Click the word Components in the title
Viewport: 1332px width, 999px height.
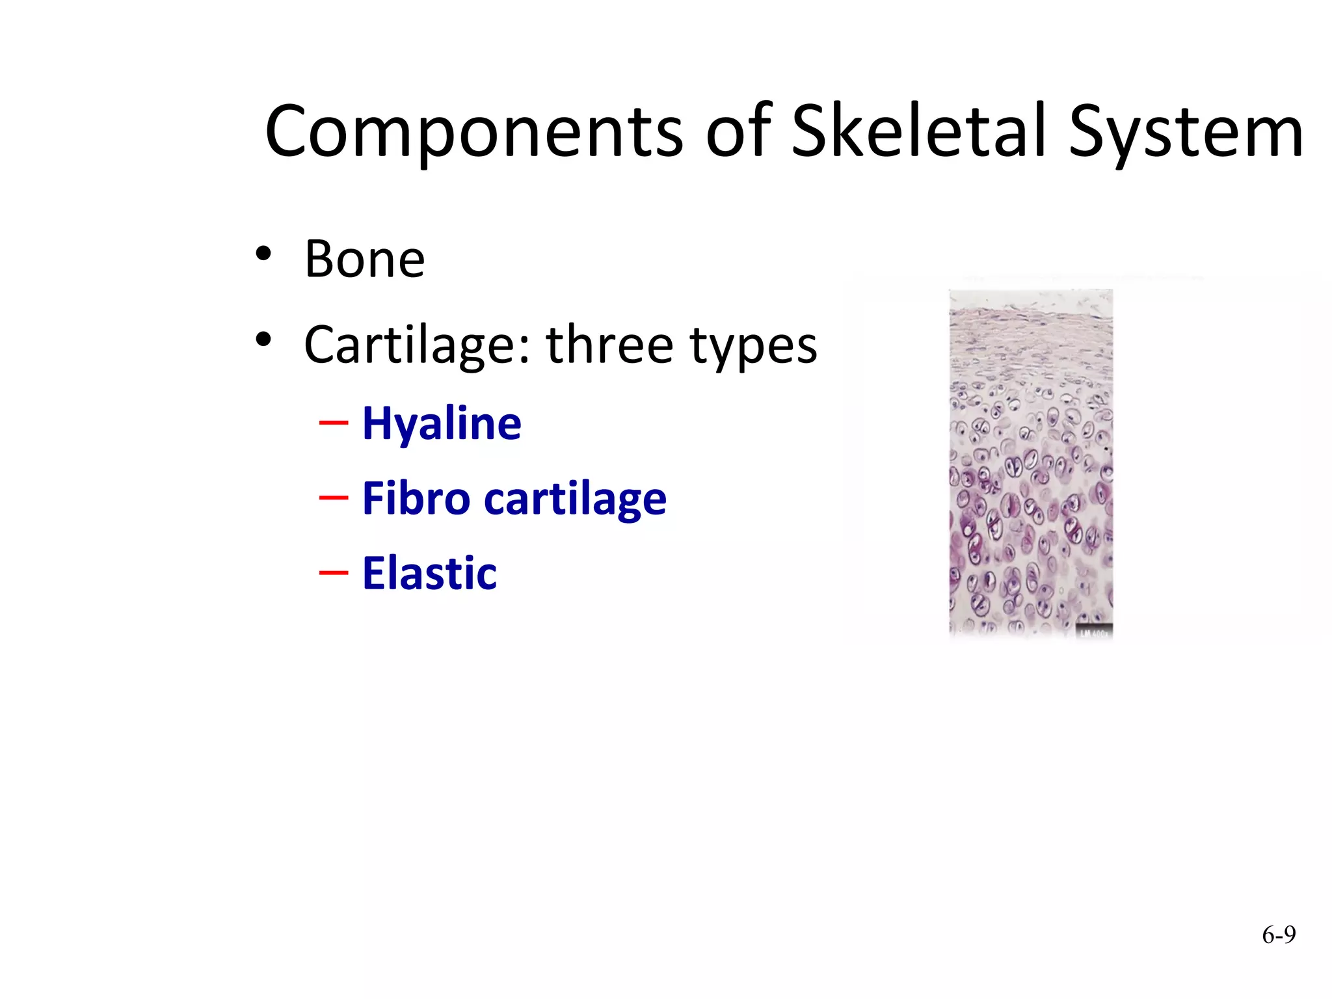(474, 133)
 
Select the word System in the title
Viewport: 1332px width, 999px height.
(1185, 133)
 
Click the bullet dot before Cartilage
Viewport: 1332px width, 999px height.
(263, 340)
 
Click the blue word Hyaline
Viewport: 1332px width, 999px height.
(442, 424)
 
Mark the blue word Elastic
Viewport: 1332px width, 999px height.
(429, 573)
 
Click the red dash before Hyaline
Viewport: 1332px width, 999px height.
(334, 423)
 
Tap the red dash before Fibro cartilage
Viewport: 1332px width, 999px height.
(334, 498)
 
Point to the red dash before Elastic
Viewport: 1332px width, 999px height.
(334, 572)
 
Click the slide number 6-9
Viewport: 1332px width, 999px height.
(1278, 935)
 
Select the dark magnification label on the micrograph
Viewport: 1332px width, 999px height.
(1095, 632)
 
